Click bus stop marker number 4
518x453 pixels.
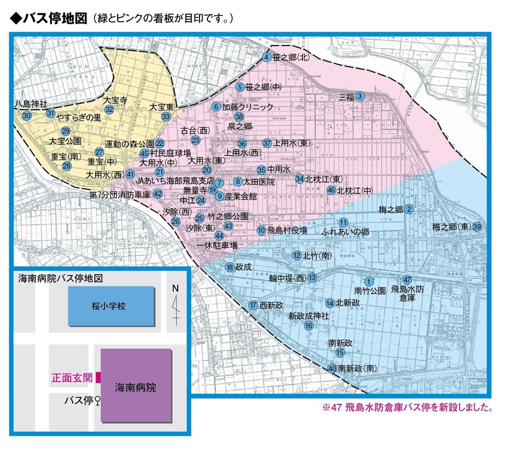click(267, 57)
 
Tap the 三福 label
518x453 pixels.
click(347, 97)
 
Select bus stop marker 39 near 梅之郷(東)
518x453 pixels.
click(477, 226)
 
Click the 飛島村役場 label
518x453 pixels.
click(287, 230)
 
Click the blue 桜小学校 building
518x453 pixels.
click(111, 306)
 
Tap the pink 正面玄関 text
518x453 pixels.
click(71, 378)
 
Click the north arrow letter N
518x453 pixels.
click(175, 288)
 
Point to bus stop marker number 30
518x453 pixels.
click(27, 116)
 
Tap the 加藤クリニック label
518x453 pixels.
click(247, 107)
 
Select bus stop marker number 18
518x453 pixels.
click(230, 267)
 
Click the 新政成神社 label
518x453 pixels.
click(309, 315)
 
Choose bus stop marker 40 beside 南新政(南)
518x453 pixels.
click(332, 369)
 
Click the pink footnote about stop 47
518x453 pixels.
click(406, 406)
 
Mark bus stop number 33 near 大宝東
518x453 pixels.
click(166, 117)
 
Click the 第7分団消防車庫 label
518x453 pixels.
click(120, 194)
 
